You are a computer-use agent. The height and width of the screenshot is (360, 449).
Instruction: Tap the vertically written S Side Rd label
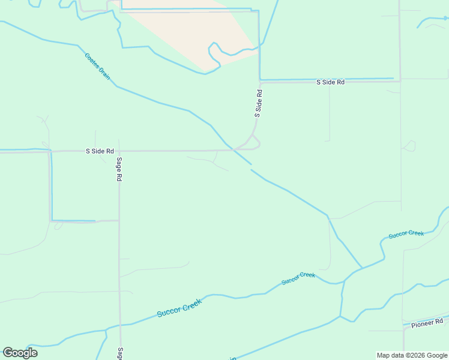pos(259,103)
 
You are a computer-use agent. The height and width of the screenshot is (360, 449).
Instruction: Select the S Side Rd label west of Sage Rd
pos(100,151)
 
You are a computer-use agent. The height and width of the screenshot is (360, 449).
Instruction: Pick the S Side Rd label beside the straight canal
pos(330,82)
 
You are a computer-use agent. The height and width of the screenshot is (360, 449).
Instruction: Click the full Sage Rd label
pos(119,169)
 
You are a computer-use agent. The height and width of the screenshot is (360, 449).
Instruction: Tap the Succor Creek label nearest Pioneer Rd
pos(406,234)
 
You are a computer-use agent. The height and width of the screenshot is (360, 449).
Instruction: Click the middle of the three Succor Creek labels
pos(298,278)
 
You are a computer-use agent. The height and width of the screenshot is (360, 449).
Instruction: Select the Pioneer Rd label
pos(427,323)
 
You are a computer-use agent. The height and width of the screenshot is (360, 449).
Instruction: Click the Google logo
pos(20,352)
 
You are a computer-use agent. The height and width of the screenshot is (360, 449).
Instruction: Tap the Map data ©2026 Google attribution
pos(412,355)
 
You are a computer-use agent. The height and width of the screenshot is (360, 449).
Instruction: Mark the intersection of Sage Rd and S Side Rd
pos(119,151)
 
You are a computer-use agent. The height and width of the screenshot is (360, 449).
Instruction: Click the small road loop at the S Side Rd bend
pos(255,143)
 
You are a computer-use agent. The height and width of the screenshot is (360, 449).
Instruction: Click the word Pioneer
pos(423,324)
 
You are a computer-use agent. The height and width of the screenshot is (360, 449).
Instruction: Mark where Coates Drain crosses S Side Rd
pos(231,148)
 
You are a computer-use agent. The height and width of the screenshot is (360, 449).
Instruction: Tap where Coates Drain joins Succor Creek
pos(362,268)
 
